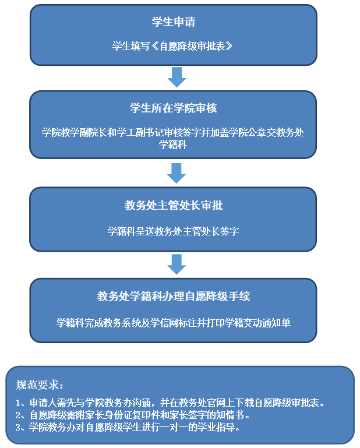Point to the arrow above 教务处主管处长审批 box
pos(176,172)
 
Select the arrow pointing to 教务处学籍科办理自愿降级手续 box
pos(176,263)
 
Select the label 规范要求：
pos(40,384)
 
